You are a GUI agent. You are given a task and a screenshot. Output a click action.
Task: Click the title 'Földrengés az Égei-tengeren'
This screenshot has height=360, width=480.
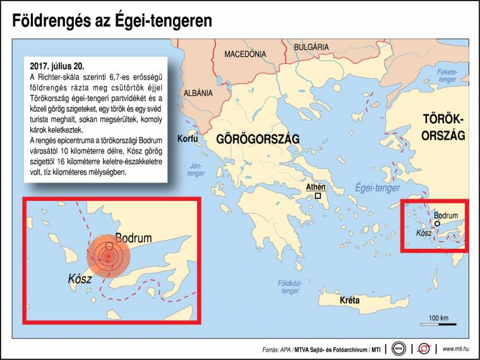point(112,21)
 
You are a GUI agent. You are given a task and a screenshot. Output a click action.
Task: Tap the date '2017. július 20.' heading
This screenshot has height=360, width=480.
point(57,66)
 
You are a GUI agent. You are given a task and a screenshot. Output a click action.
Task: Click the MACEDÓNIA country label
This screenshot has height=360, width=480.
point(245,54)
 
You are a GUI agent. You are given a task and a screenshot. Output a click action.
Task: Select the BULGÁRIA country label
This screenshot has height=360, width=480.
point(311,47)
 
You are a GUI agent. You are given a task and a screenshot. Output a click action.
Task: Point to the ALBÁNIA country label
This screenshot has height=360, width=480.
point(198,93)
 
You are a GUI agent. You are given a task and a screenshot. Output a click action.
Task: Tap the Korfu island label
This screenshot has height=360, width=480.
point(188,138)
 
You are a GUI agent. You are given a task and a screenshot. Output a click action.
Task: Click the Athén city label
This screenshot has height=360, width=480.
point(315,188)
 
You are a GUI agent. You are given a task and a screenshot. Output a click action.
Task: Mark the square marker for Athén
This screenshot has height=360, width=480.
point(318,196)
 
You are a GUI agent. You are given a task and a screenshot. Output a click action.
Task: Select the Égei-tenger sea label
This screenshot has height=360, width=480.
point(377,188)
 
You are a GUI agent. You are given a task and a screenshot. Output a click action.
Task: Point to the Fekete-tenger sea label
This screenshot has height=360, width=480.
point(447,76)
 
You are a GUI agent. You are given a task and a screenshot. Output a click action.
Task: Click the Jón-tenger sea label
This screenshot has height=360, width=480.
point(196,168)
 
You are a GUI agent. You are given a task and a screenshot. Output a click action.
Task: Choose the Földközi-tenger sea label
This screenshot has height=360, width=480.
point(290,287)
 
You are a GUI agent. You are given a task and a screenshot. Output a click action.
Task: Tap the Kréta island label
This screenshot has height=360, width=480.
point(349,301)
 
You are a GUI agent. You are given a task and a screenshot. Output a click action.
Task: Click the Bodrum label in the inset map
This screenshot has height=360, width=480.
point(133,238)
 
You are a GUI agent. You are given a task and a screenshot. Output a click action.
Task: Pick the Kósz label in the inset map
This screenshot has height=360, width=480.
point(80,279)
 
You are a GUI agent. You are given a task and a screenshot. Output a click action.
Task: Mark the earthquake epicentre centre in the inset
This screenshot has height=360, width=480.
point(108,256)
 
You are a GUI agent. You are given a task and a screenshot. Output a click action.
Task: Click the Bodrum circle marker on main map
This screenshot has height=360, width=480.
point(436,224)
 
